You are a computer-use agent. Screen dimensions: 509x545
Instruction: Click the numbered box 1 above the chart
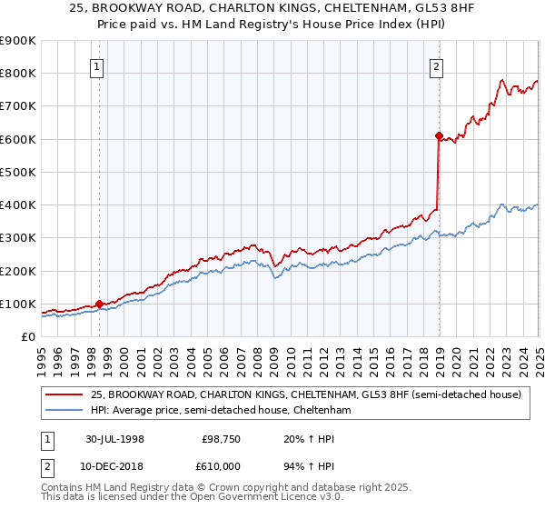[96, 65]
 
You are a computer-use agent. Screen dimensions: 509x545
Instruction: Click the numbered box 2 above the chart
[437, 65]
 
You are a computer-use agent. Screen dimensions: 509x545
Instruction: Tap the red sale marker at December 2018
[439, 136]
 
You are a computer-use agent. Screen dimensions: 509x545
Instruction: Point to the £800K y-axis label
[18, 74]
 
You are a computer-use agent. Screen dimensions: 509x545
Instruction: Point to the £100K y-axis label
[18, 304]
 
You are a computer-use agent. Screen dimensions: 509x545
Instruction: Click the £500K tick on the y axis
[18, 172]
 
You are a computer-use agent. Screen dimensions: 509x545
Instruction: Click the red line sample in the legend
[64, 394]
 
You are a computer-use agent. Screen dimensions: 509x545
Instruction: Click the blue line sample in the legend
[64, 411]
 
